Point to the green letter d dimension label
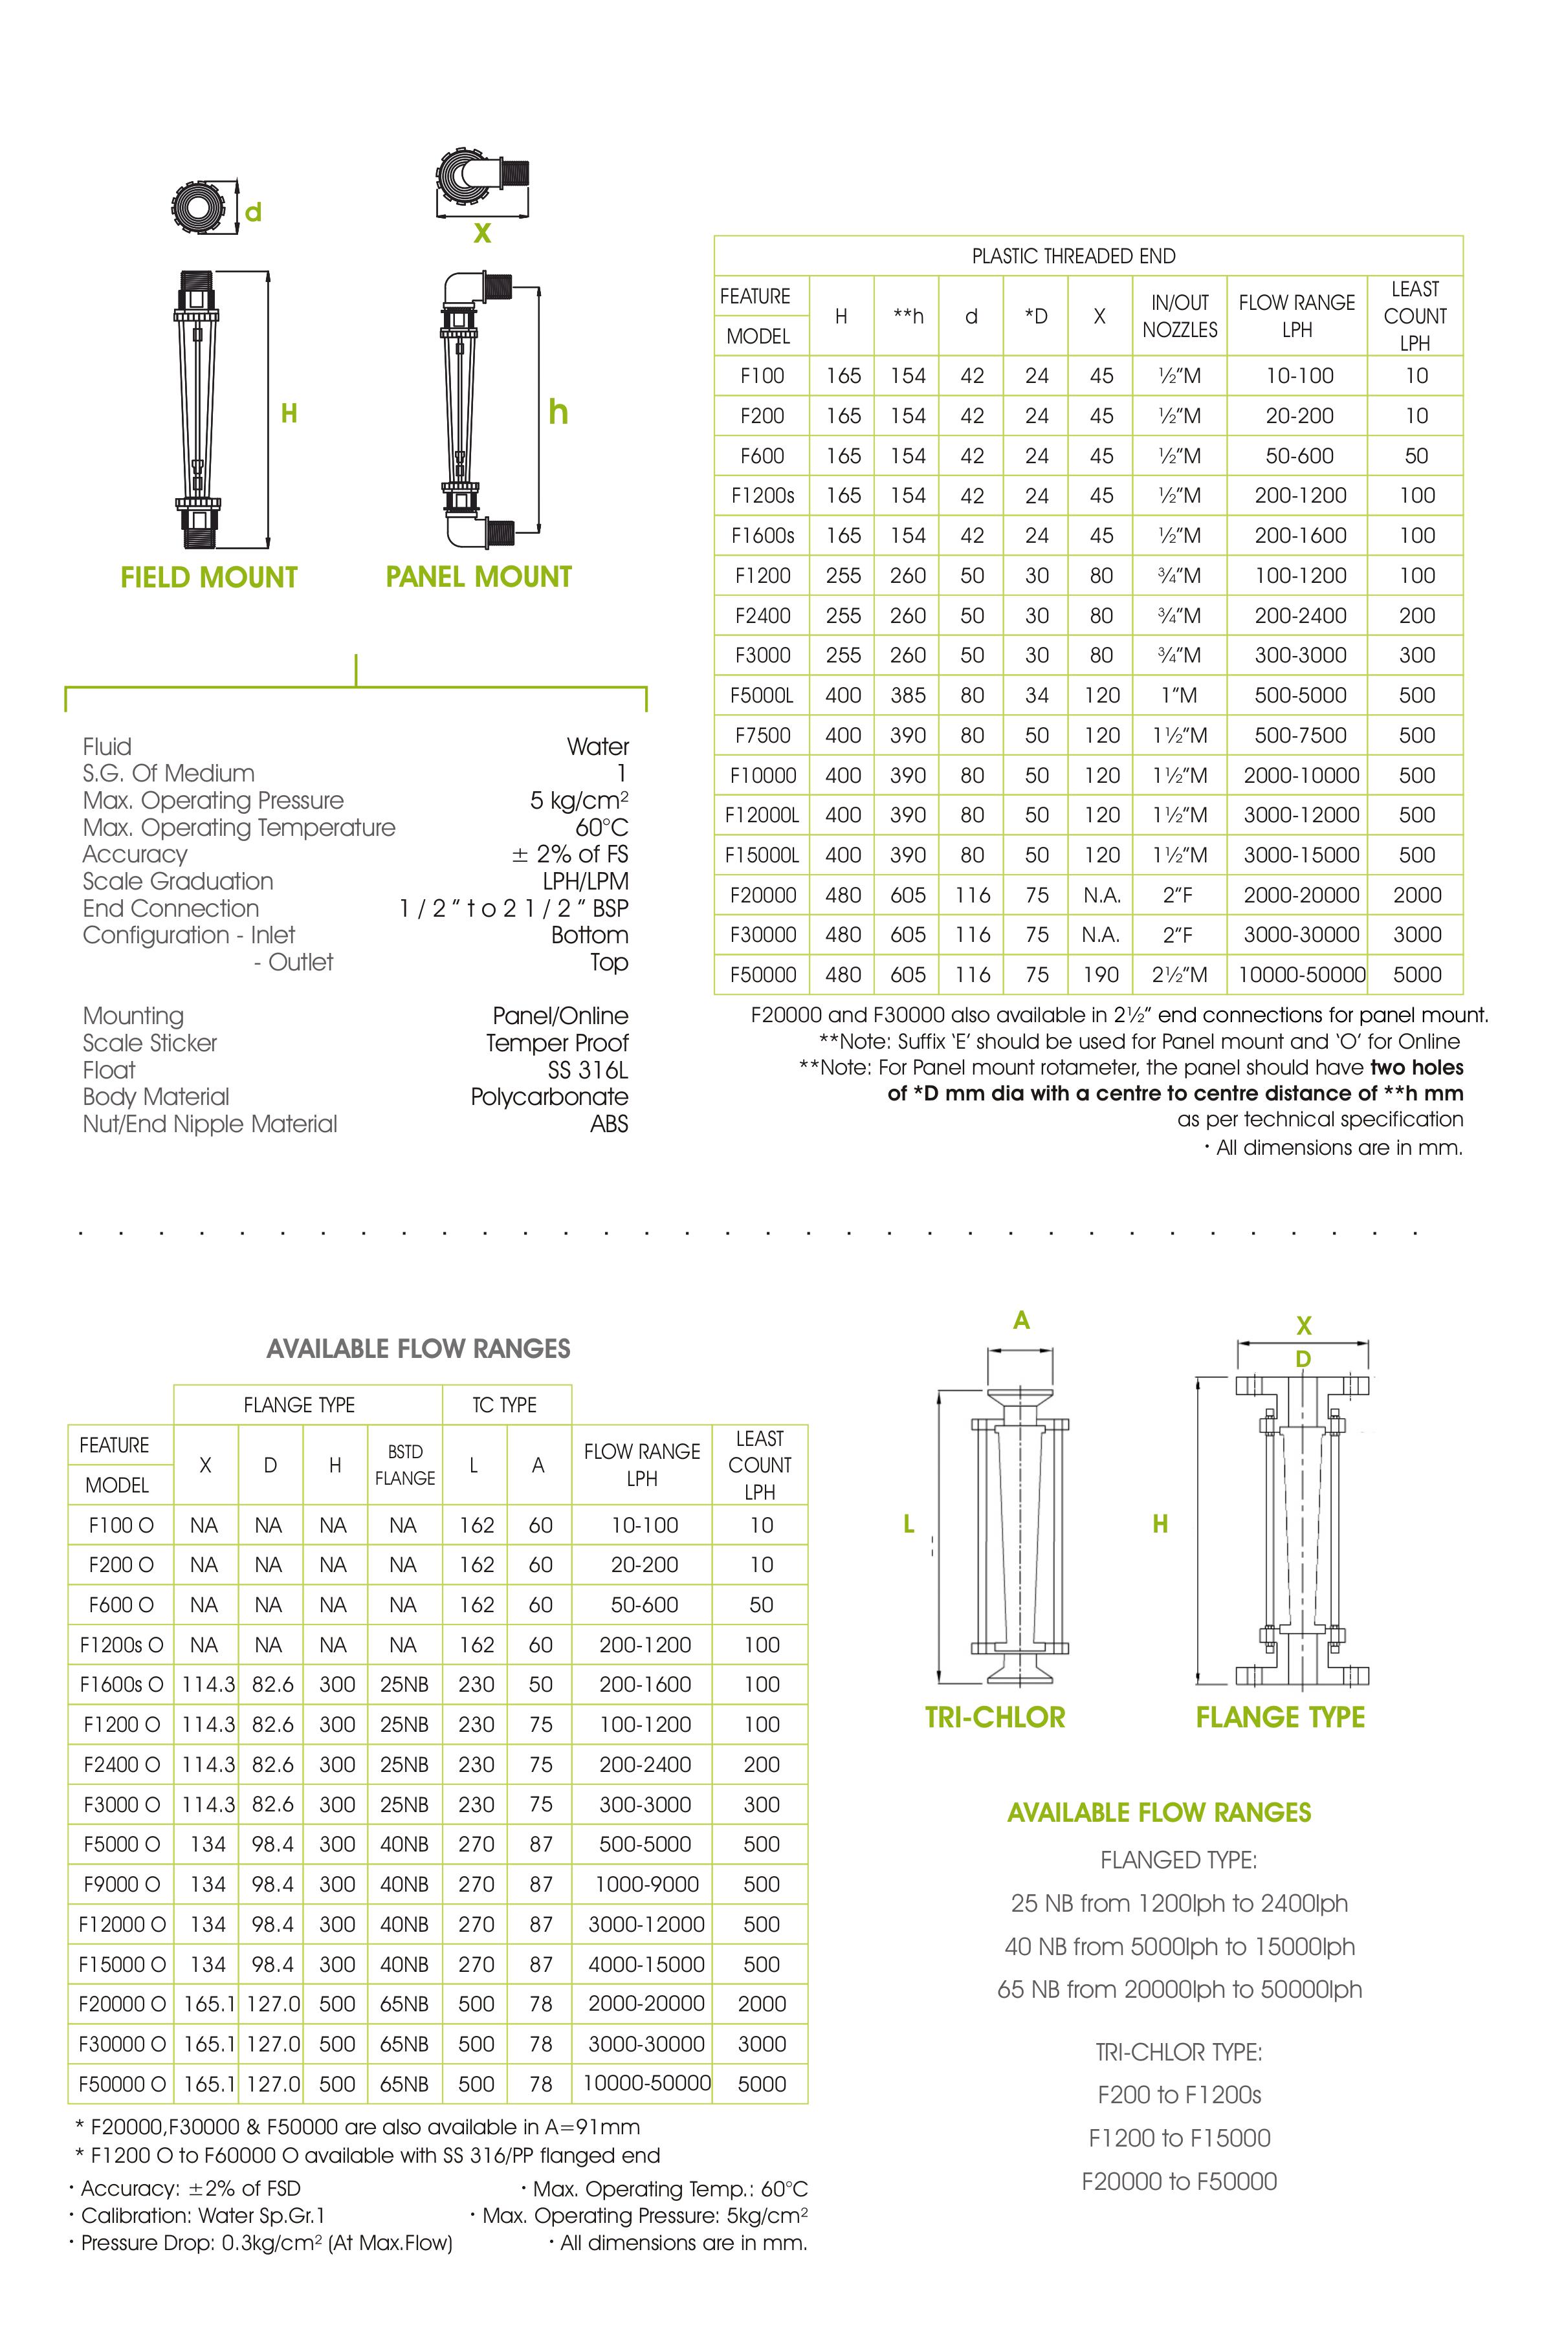point(254,212)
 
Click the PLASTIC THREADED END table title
point(1074,256)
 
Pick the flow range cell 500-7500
point(1299,735)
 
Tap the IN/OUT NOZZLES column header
point(1180,316)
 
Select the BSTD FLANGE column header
point(404,1465)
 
